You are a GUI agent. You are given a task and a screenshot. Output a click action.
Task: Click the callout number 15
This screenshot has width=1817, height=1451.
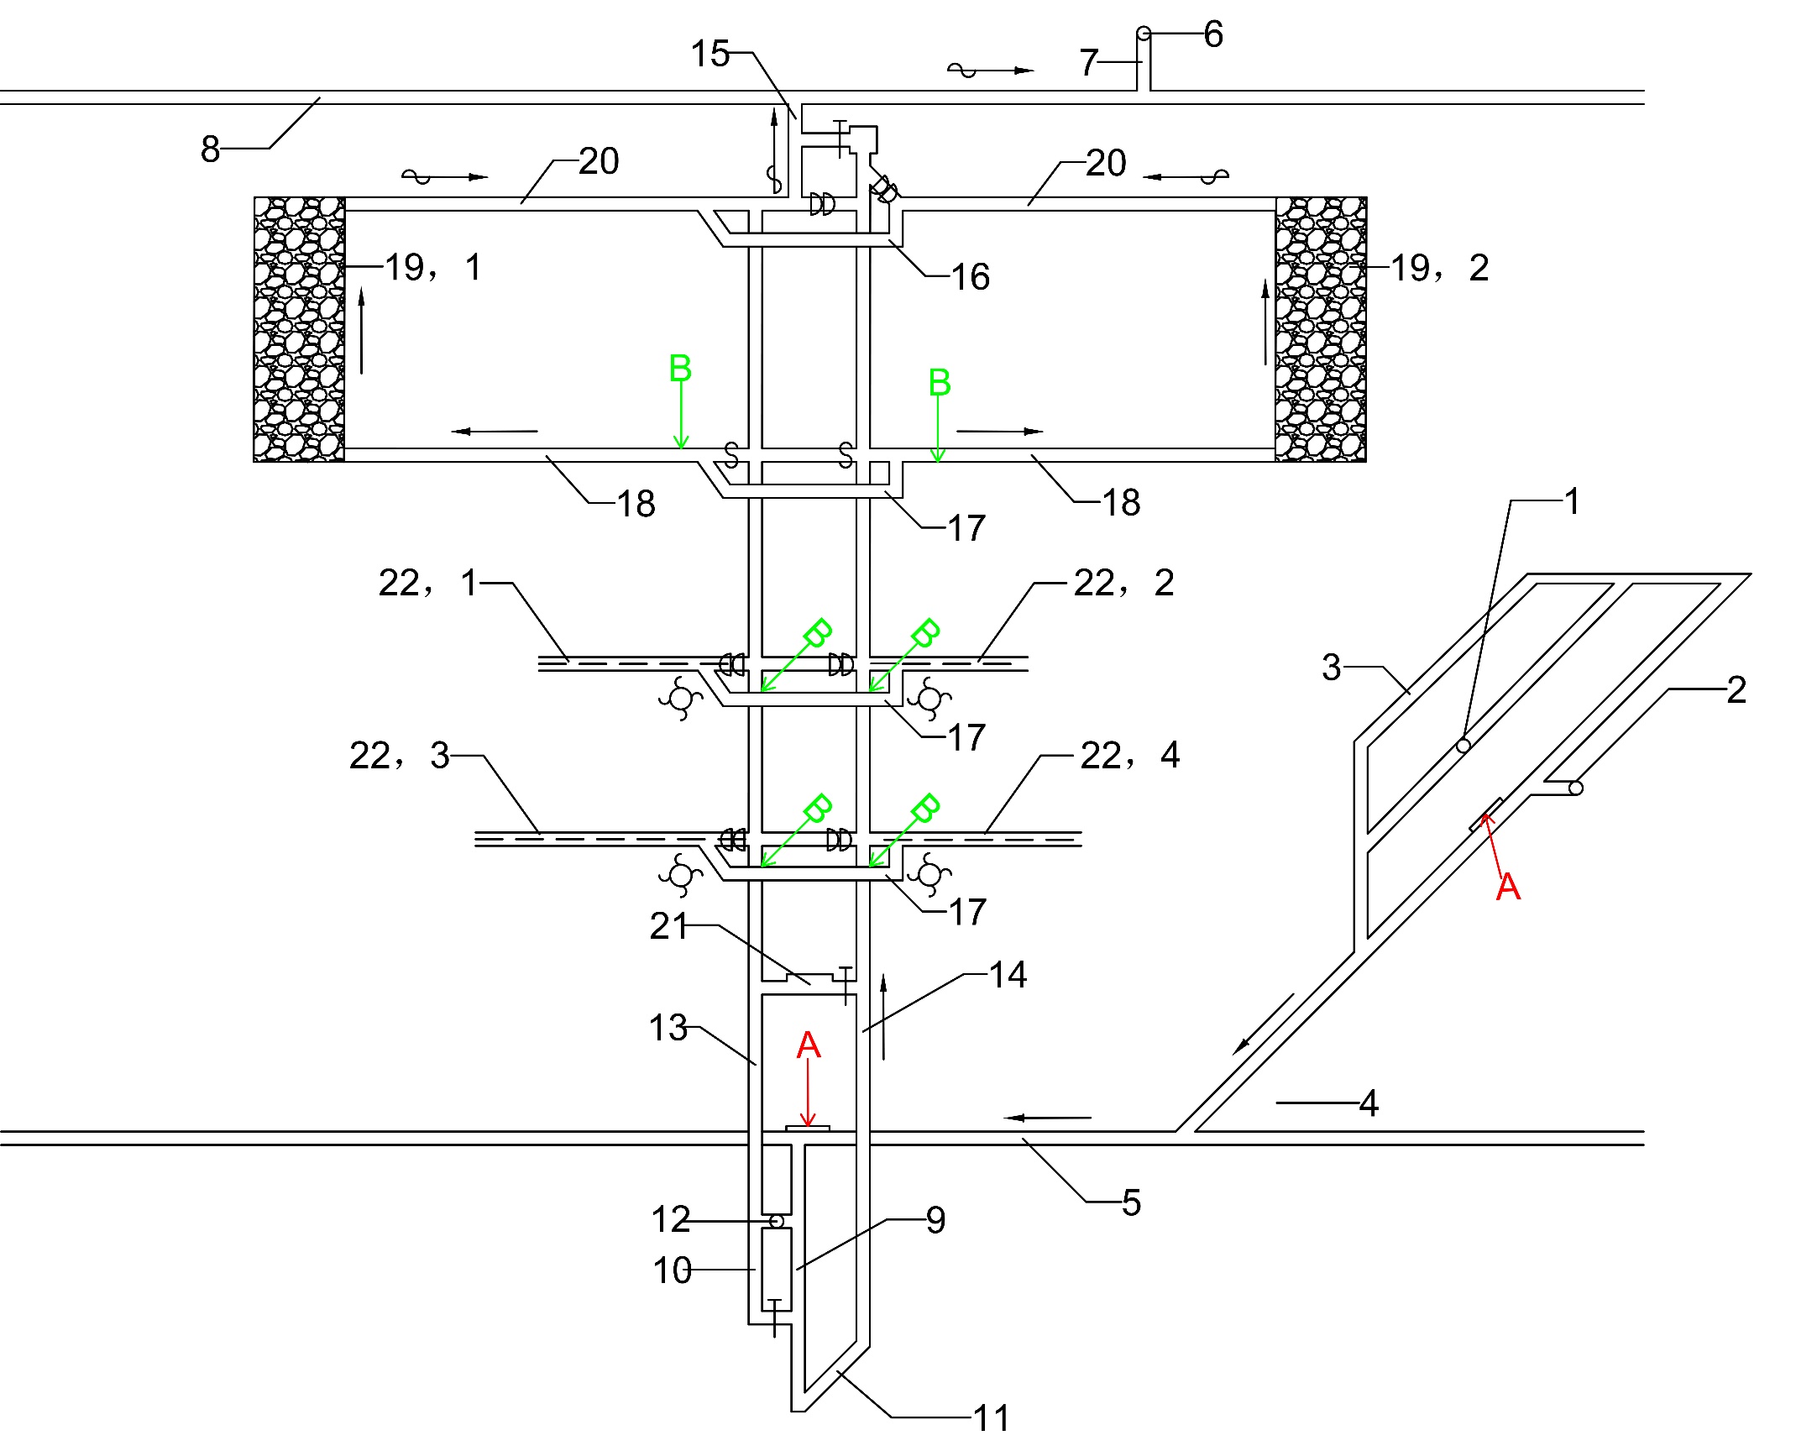710,54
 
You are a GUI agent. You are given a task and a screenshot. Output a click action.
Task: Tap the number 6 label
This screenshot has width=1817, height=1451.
1212,34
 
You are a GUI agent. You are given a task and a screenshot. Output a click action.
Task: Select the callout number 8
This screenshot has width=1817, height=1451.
210,149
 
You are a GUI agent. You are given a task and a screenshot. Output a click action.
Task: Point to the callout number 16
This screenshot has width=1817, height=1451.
970,277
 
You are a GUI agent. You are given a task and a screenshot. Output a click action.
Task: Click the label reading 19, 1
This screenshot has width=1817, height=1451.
433,267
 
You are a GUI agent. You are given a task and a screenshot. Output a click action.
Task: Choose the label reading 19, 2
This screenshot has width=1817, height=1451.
1439,268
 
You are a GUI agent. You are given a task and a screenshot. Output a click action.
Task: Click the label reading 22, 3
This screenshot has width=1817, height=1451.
400,755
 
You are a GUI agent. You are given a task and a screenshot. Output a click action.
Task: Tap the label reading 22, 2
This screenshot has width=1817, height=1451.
1123,582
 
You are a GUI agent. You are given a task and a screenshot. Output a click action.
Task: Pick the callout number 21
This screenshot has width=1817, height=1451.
668,926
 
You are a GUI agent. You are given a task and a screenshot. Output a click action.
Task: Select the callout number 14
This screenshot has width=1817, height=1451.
1007,975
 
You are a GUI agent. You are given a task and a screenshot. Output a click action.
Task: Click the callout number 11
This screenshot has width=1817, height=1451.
991,1419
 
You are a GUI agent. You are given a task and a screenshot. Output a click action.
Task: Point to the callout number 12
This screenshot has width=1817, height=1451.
671,1219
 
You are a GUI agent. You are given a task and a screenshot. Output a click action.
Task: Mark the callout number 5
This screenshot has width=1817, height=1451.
1131,1202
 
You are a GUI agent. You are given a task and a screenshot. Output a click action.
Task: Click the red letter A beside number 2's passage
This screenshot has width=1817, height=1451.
1508,887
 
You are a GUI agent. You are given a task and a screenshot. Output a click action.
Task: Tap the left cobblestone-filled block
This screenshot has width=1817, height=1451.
299,329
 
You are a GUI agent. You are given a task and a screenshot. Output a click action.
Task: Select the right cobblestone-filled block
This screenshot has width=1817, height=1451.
1321,329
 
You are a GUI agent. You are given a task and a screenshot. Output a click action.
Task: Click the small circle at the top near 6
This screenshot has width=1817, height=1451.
1144,34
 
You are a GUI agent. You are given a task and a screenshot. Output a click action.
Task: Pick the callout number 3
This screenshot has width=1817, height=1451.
1331,668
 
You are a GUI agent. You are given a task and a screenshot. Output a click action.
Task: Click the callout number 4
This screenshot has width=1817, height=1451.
1369,1103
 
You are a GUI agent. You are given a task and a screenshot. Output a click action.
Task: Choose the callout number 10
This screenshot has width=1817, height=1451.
672,1270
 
